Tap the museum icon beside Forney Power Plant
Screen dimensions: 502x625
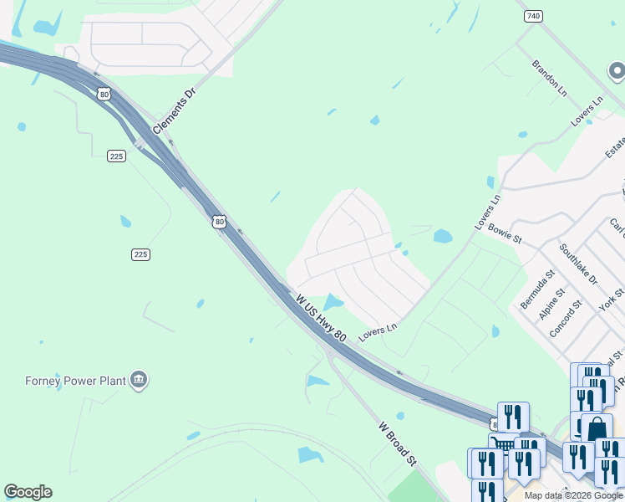click(140, 382)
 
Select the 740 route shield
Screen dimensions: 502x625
click(532, 16)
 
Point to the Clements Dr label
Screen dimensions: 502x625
click(174, 114)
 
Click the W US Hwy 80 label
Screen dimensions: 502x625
click(321, 317)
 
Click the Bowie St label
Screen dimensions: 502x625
click(505, 233)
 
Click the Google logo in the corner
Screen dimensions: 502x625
click(28, 492)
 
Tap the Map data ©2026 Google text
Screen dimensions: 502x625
click(573, 495)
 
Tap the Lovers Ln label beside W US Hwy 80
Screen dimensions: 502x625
click(378, 331)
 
